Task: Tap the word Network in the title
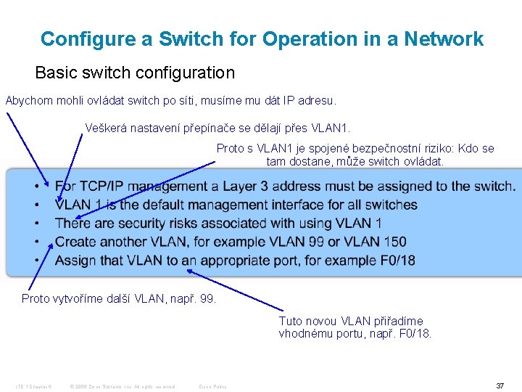pos(443,39)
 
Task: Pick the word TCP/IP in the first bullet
pos(102,187)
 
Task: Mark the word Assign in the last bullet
pos(76,260)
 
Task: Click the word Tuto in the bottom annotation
pos(291,322)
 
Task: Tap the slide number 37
pos(500,385)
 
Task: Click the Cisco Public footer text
pos(213,386)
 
